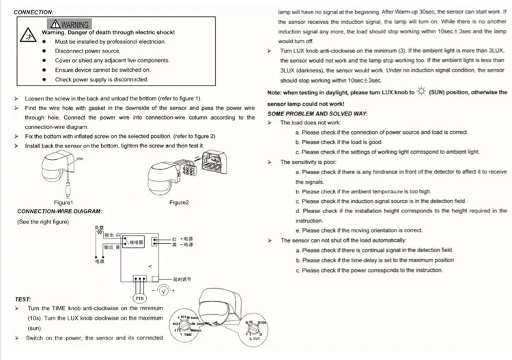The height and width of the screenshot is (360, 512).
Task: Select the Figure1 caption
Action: [63, 203]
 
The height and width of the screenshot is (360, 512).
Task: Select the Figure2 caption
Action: [179, 203]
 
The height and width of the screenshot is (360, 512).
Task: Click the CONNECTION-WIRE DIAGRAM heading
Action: [59, 212]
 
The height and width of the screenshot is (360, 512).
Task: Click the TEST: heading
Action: [23, 299]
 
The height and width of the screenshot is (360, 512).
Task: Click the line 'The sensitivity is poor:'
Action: [308, 162]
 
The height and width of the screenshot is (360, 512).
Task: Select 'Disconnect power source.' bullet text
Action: [87, 51]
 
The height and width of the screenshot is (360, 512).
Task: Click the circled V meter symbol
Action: [163, 291]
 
